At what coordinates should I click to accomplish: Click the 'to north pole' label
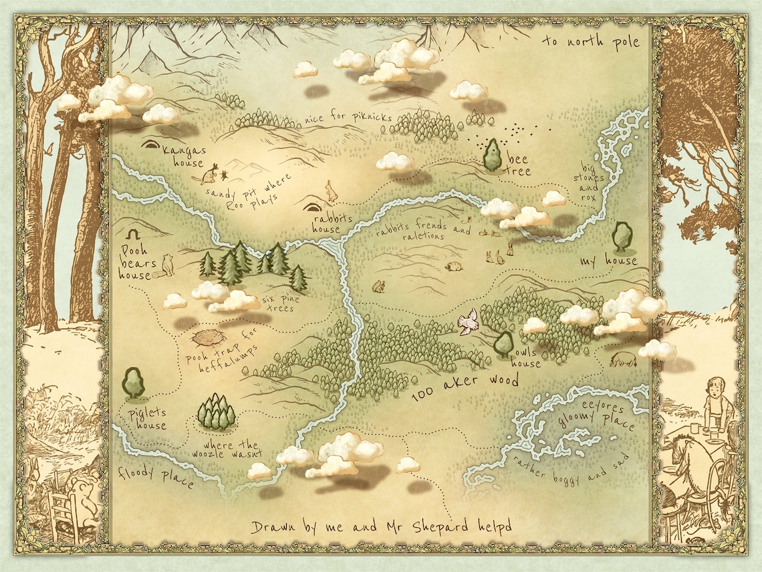[590, 42]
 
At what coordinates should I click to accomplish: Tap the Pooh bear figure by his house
[166, 264]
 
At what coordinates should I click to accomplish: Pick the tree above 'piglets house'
[133, 381]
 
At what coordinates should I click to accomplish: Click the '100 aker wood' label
[465, 387]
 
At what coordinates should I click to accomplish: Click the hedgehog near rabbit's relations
[454, 266]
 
